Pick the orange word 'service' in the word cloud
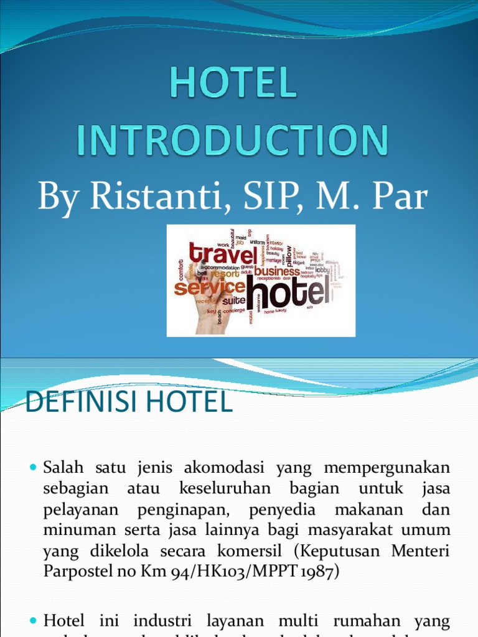209,287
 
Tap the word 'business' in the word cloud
277,271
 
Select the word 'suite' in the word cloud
234,300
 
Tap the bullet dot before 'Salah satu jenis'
34,467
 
